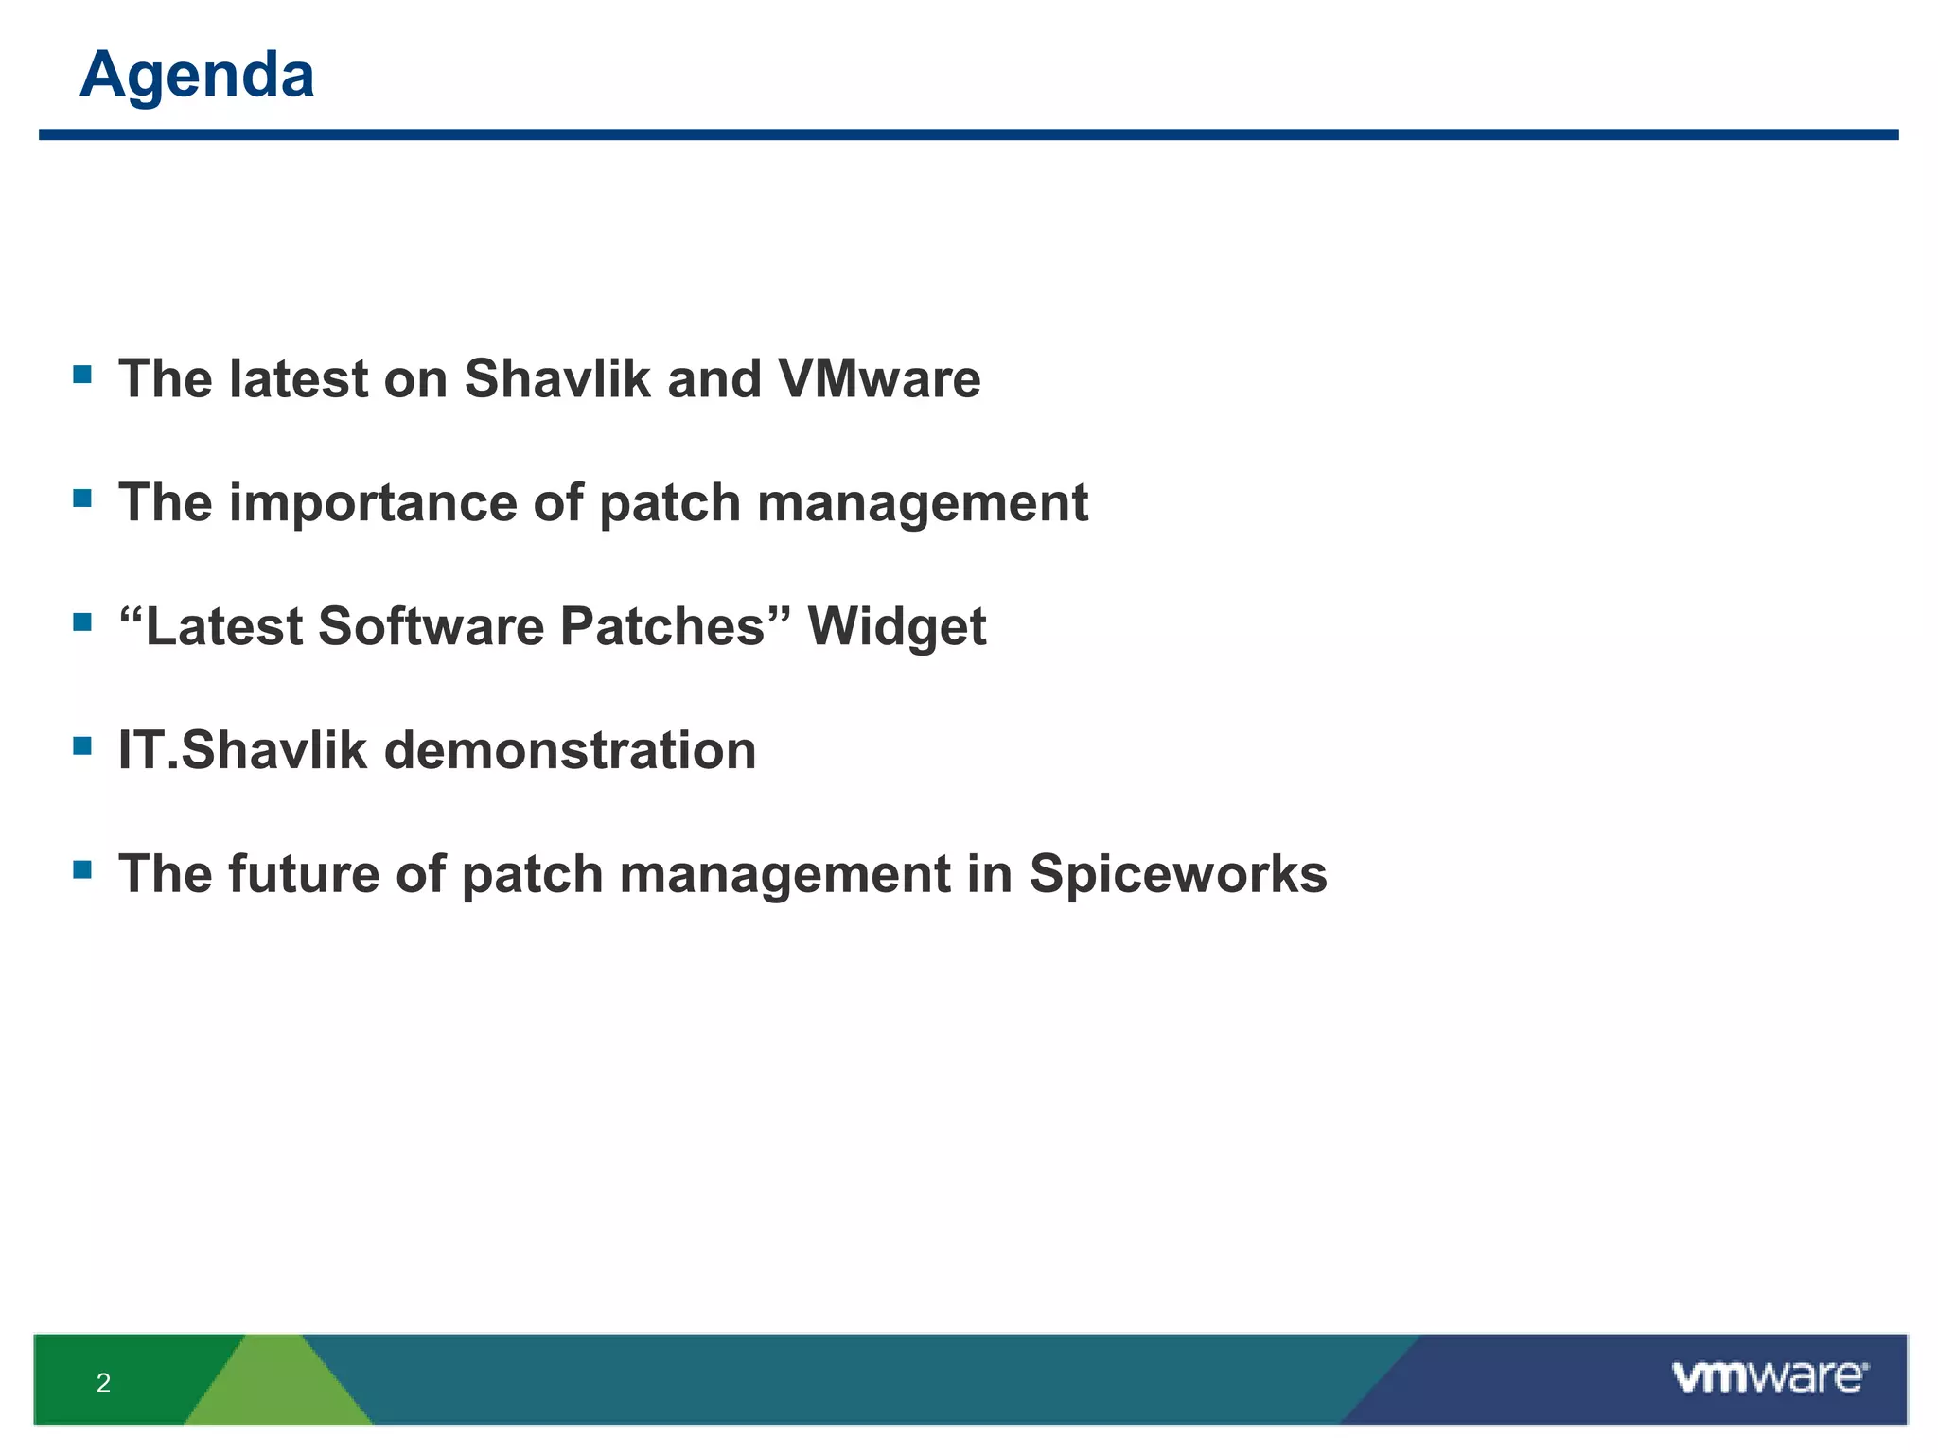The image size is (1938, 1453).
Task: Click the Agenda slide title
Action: coord(197,75)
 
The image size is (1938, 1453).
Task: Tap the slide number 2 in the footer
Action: coord(103,1383)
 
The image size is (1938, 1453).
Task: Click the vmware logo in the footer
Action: coord(1770,1377)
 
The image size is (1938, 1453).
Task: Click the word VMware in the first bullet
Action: coord(879,379)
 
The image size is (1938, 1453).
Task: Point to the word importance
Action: coord(373,503)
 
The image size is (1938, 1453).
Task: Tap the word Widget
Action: coord(896,627)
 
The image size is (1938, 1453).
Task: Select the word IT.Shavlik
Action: coord(241,751)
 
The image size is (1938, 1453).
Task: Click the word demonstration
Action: coord(570,751)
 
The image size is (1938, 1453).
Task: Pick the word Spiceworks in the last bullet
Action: coord(1178,874)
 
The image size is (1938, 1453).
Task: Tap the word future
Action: coord(304,874)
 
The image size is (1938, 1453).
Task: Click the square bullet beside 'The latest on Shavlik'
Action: coord(82,375)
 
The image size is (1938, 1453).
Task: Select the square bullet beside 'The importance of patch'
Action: coord(82,498)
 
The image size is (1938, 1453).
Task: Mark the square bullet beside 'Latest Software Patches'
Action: coord(82,621)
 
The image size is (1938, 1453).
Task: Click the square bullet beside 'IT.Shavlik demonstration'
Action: coord(82,745)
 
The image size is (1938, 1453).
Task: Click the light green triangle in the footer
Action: coord(277,1391)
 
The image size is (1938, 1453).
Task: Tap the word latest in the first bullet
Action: coord(298,379)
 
